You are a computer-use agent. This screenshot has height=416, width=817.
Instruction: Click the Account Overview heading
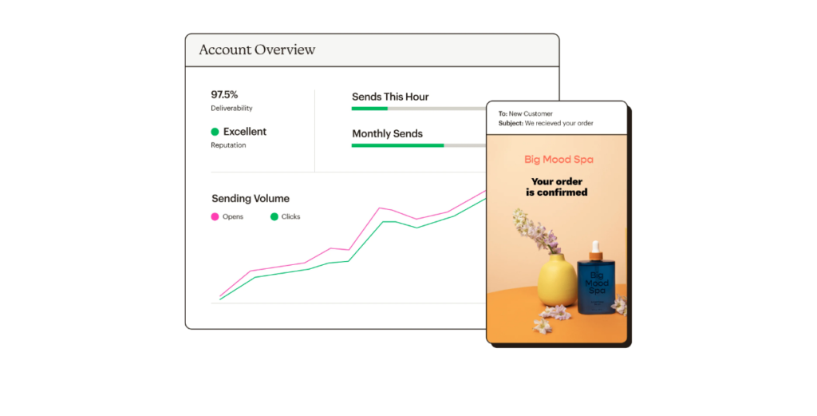(257, 50)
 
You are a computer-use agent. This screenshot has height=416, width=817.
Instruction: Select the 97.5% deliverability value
(224, 94)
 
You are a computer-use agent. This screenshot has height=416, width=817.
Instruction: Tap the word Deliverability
(231, 108)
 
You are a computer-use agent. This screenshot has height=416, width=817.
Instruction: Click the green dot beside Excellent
(215, 132)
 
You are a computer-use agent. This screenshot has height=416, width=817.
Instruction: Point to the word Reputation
(228, 145)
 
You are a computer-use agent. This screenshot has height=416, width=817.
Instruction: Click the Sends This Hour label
(390, 97)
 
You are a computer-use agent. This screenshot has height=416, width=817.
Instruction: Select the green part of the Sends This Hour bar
(369, 109)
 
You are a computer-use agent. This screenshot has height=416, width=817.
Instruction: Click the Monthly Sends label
(387, 133)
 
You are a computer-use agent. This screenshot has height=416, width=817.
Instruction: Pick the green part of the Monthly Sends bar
(397, 145)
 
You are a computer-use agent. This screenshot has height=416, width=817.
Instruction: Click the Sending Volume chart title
(251, 199)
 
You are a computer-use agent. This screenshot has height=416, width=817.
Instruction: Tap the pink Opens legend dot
(215, 217)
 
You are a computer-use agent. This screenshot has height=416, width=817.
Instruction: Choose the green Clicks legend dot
(274, 217)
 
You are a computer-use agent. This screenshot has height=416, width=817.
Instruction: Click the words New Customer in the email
(531, 113)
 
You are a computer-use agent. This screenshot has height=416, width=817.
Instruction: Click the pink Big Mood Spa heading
(558, 160)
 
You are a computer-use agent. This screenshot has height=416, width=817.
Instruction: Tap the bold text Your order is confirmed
(556, 187)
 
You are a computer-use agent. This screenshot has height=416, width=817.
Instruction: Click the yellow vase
(558, 280)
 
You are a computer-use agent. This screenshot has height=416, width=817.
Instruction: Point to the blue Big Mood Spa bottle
(596, 282)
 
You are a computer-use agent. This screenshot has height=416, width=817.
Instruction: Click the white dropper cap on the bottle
(595, 247)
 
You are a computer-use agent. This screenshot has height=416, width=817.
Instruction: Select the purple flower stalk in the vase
(533, 232)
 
